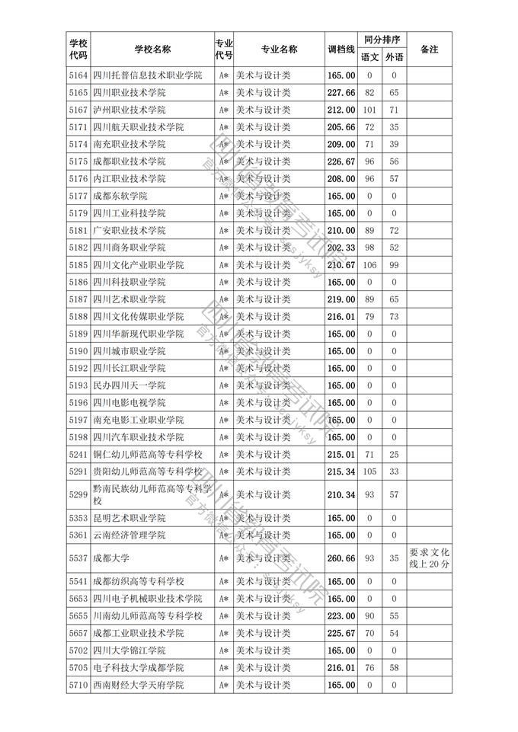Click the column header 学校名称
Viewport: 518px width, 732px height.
(152, 50)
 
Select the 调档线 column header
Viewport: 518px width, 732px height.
(341, 50)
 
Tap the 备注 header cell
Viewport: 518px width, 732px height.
(429, 50)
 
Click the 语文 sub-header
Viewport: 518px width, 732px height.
(369, 58)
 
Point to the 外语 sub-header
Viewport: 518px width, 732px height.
(394, 58)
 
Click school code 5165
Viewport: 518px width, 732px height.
(78, 93)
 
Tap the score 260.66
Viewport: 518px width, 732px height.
(341, 558)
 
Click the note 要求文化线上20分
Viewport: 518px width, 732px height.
(429, 558)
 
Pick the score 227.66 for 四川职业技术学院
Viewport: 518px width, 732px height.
(341, 93)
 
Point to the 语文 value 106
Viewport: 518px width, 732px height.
(369, 265)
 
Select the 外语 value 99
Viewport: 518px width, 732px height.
(394, 265)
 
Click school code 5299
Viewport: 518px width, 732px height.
(78, 494)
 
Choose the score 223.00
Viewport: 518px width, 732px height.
(341, 615)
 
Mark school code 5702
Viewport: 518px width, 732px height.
(78, 650)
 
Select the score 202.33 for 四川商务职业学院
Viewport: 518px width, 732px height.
(341, 248)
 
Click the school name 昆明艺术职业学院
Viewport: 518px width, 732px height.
(129, 518)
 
